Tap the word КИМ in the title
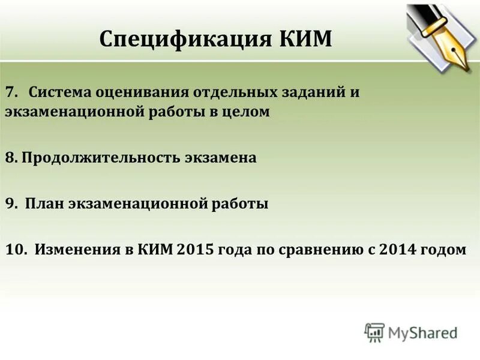click(305, 40)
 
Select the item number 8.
click(11, 158)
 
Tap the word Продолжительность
click(94, 159)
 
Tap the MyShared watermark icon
click(374, 332)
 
